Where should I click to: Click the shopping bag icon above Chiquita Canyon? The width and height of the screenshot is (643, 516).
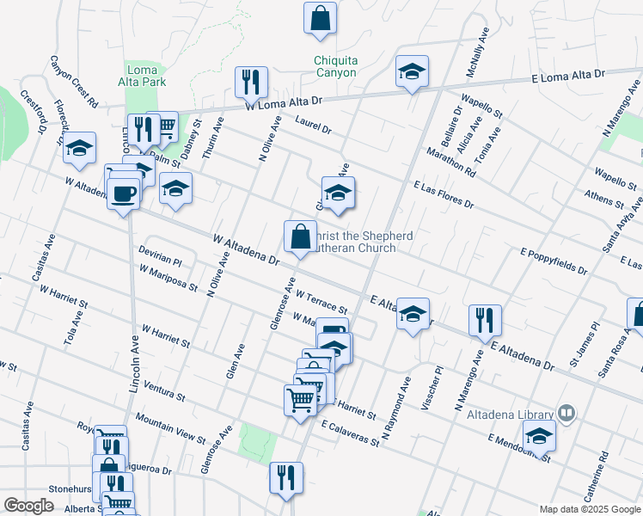point(320,18)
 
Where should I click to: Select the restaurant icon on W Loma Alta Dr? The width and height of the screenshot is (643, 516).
point(252,83)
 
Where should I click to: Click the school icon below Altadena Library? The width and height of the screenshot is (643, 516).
point(539,435)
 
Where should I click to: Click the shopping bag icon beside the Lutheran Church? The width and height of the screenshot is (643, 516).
point(300,236)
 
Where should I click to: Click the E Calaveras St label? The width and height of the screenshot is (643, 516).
point(351,433)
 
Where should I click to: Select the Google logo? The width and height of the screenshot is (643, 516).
point(28,506)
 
